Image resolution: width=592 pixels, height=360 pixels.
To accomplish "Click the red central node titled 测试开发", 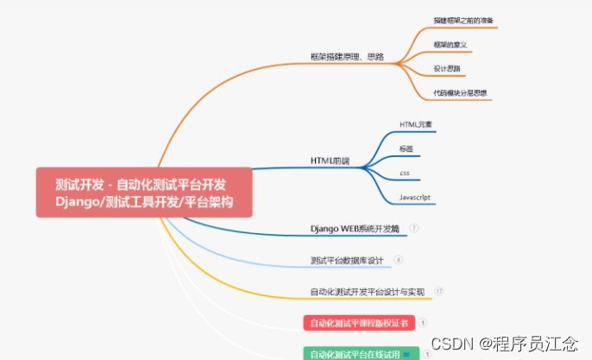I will coord(143,193).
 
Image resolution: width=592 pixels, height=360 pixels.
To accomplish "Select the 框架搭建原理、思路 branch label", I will coord(346,57).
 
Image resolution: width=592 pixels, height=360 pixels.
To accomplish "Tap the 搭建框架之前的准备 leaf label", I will coord(463,19).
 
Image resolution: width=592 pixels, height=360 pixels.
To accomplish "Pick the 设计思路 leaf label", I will coord(447,67).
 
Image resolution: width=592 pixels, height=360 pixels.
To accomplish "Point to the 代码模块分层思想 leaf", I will coord(460,92).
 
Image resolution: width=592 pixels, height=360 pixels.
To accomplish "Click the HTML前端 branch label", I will coord(331,161).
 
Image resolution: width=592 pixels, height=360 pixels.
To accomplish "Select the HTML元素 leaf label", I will coord(416,124).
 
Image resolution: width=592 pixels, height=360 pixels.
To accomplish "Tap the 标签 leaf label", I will coord(406,148).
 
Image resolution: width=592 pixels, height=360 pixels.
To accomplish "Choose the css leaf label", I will coord(404,173).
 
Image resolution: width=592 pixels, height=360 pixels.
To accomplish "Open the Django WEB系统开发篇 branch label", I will coord(356,229).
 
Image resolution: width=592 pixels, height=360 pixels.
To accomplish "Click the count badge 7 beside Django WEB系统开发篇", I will coord(414,229).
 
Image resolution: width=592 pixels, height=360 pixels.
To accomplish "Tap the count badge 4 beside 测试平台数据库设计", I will coord(398,260).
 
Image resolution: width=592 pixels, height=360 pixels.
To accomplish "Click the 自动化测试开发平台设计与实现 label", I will coord(368,292).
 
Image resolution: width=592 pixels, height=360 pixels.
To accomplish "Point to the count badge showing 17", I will coord(439,292).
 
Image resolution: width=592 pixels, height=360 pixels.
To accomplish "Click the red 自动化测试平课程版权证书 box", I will coord(359,323).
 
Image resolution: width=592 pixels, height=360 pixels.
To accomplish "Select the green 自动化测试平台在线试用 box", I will coord(362,353).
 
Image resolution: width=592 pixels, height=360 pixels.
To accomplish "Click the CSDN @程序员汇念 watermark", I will coord(504,344).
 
